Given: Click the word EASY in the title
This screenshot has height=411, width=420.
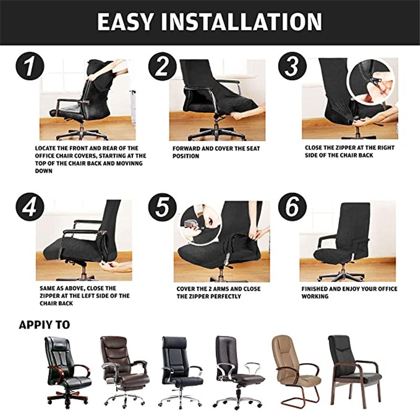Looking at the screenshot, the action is (125, 22).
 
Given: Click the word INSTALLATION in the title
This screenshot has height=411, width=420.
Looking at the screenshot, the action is (241, 22).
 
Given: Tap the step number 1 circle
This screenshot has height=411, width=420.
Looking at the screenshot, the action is (30, 66).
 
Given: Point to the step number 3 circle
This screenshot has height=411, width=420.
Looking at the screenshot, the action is (292, 66).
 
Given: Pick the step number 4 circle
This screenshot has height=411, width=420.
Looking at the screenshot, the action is (30, 207).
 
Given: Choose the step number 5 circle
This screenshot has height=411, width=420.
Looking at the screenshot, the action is (162, 207).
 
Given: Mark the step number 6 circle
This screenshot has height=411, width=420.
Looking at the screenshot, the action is (292, 207).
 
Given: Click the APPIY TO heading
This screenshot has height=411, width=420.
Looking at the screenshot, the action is (45, 325).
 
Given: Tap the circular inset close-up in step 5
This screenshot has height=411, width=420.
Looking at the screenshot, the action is (198, 225).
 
